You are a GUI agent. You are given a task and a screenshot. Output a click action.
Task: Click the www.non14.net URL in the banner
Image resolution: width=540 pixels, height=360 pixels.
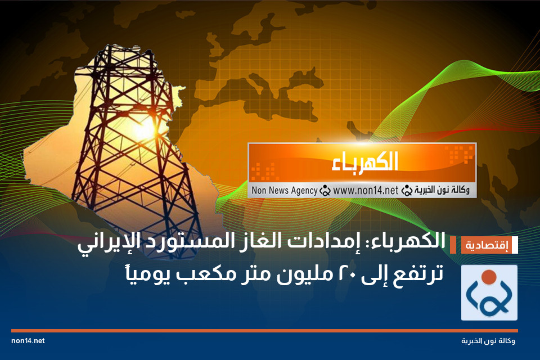(x=365, y=190)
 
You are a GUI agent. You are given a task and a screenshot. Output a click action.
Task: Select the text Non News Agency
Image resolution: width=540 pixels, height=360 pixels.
(x=284, y=190)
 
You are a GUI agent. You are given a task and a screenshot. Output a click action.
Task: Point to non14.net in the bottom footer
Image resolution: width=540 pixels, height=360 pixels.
(x=28, y=341)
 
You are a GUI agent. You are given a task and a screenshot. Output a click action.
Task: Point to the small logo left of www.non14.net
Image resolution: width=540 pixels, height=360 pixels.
(x=325, y=190)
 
